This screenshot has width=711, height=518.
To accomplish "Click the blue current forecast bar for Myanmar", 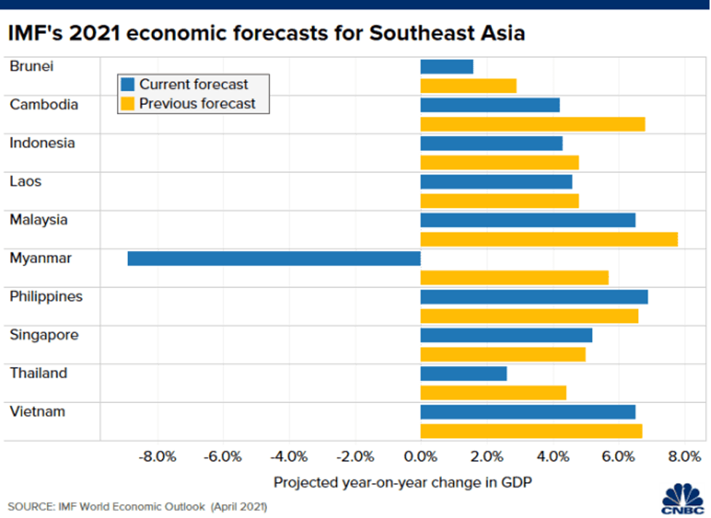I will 274,258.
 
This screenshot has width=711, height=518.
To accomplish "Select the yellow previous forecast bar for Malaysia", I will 549,239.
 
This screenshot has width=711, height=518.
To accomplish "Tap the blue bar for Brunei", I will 446,66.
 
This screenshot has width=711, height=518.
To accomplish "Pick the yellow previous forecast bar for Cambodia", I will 532,124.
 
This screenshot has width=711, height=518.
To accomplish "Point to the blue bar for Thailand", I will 463,373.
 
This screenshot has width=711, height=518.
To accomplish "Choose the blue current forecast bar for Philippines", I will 533,297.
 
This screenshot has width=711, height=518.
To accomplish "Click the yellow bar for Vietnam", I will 531,431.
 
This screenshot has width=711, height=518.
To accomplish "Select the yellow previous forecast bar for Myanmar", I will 514,277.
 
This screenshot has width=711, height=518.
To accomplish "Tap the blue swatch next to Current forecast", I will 128,84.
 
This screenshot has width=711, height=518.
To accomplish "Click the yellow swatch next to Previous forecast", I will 128,103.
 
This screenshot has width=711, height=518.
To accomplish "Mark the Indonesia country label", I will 42,143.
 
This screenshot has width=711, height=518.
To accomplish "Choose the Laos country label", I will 25,181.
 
